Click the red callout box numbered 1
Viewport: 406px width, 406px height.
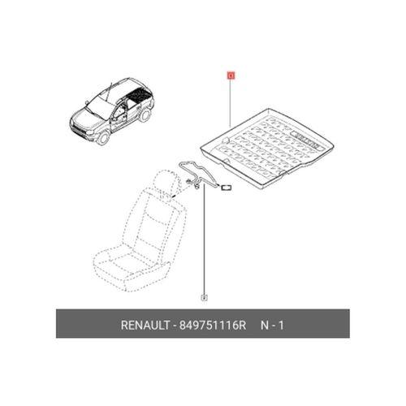pos(231,76)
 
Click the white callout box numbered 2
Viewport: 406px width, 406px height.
pos(205,297)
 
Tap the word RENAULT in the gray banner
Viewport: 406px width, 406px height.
pos(145,325)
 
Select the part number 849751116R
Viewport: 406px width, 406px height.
pos(213,325)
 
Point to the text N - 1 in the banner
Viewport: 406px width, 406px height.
pos(272,325)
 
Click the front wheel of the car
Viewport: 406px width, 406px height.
pos(103,136)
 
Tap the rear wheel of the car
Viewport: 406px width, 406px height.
pos(145,114)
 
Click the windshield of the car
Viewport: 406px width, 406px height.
pos(100,106)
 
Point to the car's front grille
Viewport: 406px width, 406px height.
pos(79,129)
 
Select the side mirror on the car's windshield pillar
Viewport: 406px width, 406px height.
pos(87,103)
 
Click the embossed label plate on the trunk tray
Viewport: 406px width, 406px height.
pos(306,140)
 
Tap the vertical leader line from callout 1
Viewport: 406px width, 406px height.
pos(231,103)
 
